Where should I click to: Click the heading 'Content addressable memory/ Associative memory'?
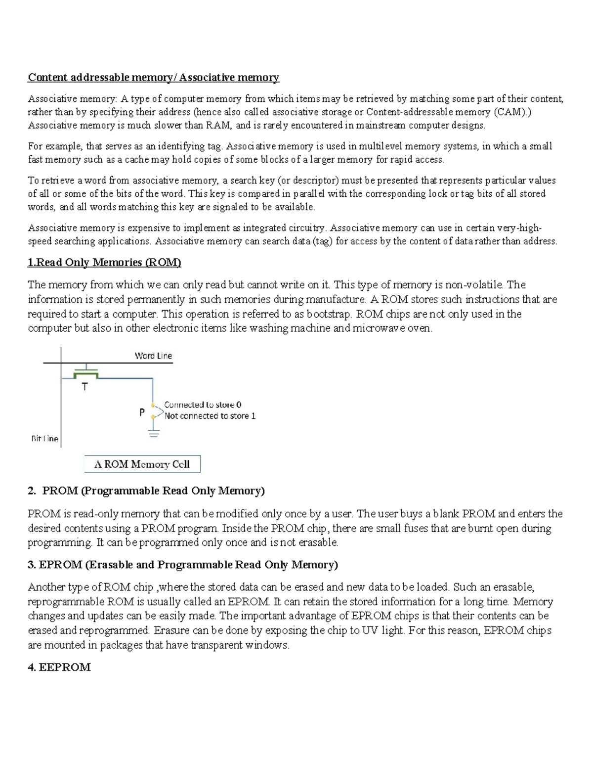click(x=153, y=77)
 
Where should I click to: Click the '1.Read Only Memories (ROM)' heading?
click(x=104, y=263)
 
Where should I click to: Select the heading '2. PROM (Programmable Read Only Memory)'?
click(x=146, y=491)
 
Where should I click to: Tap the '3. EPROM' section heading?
click(x=183, y=565)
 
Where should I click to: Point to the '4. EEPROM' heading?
click(x=59, y=667)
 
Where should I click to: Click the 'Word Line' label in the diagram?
click(x=153, y=356)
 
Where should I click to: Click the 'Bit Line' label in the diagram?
click(x=44, y=439)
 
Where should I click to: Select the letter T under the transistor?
click(x=85, y=387)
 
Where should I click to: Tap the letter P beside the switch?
click(x=142, y=412)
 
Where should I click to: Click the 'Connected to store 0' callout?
click(x=203, y=405)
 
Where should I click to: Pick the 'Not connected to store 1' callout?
click(x=210, y=416)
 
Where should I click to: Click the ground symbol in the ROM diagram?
click(x=154, y=434)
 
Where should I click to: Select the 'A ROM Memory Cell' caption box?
click(x=142, y=464)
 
